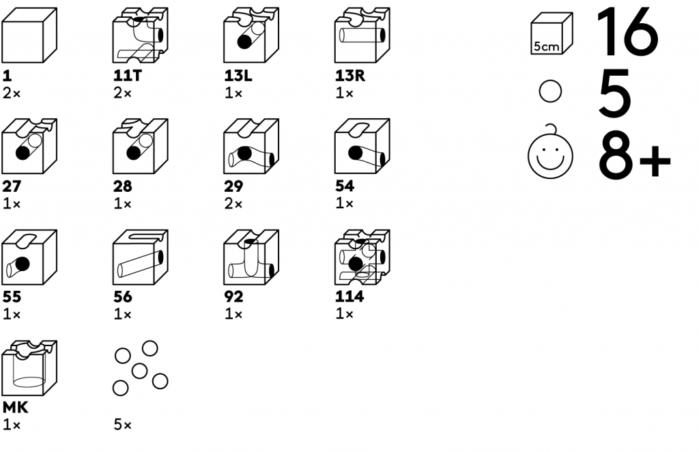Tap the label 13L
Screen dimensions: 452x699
pyautogui.click(x=238, y=76)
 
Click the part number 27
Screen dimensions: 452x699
pyautogui.click(x=10, y=186)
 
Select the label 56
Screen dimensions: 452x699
pyautogui.click(x=123, y=297)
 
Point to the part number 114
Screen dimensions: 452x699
pyautogui.click(x=349, y=297)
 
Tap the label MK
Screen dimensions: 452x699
pyautogui.click(x=14, y=408)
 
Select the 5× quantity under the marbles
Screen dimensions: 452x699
pyautogui.click(x=123, y=425)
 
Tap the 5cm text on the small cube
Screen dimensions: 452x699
pyautogui.click(x=546, y=47)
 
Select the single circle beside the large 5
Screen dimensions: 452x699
pyautogui.click(x=550, y=92)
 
